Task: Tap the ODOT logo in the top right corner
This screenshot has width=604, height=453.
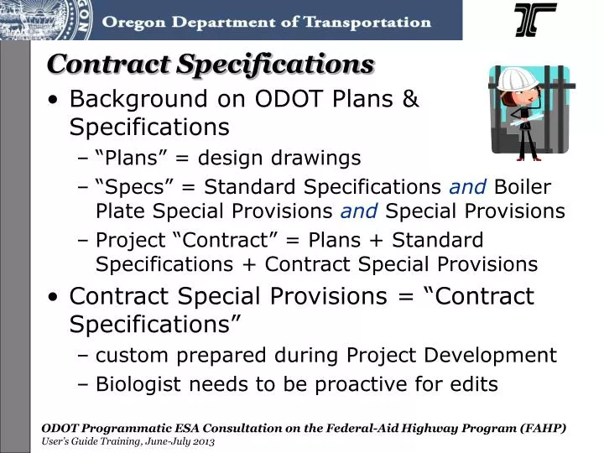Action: click(x=534, y=20)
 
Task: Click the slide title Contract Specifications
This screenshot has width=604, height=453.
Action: click(x=211, y=64)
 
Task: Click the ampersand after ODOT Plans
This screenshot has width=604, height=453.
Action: click(x=409, y=99)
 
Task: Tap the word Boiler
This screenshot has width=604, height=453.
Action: click(x=523, y=186)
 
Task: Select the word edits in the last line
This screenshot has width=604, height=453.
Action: click(x=474, y=384)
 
